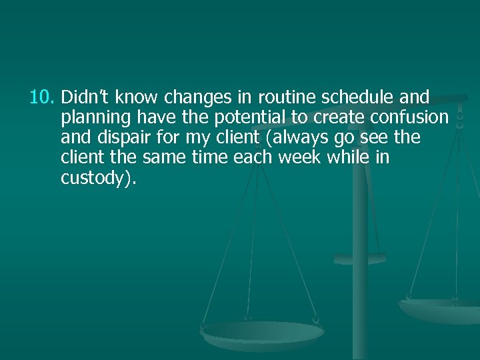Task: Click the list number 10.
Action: point(43,98)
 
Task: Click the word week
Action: point(303,158)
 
